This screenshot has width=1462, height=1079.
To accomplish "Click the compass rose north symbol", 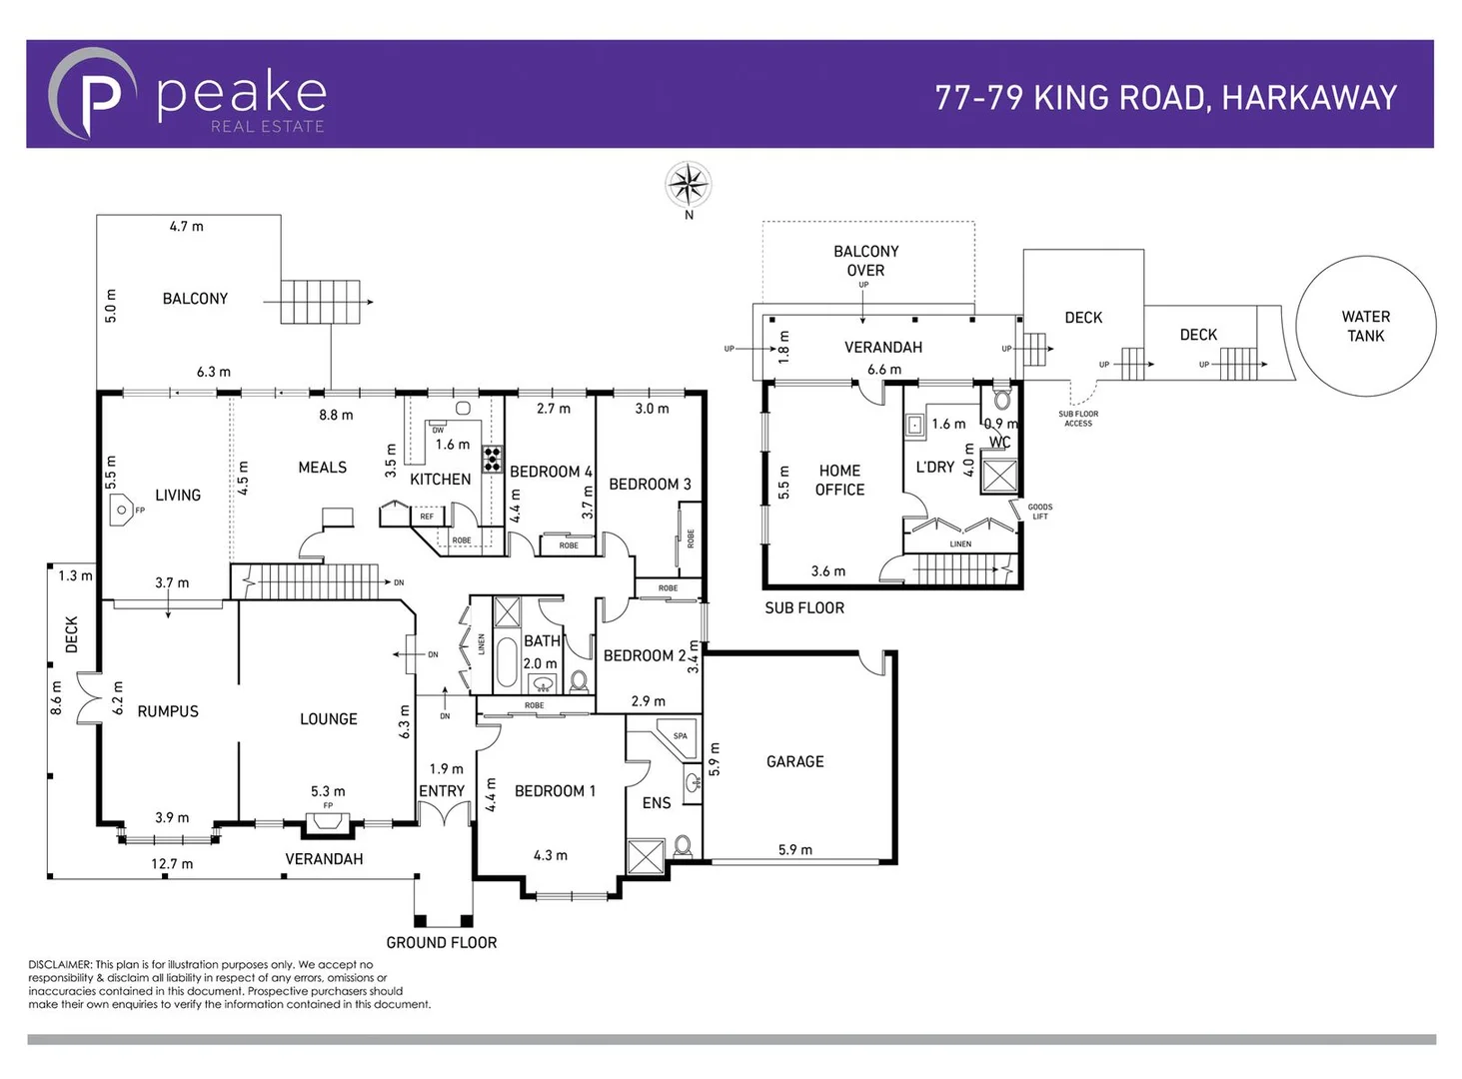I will [688, 185].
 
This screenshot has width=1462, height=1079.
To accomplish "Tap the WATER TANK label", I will [1365, 326].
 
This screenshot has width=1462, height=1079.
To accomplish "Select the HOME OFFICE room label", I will [839, 480].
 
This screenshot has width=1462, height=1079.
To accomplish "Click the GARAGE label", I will [794, 761].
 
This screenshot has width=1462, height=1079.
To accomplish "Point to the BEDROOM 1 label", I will [555, 790].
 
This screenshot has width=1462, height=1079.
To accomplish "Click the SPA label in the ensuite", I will [680, 736].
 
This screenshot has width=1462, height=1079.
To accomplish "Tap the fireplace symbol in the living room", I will [121, 510].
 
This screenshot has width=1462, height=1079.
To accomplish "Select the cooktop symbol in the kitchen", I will [492, 459].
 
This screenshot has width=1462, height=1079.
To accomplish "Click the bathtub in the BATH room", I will [507, 662].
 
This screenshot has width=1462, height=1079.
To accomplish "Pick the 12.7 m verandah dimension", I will [172, 863].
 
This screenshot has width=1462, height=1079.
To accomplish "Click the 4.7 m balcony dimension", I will [186, 227].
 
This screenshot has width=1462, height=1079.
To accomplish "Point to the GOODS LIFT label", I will [1039, 512].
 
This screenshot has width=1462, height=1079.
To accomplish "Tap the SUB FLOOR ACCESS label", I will [1077, 419].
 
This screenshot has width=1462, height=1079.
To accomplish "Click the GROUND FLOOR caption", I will [441, 942].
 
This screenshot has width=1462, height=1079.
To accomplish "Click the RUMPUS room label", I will [168, 711].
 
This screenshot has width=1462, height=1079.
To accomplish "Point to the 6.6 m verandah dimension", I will [883, 369].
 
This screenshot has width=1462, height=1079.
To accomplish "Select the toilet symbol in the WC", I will [1002, 401].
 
